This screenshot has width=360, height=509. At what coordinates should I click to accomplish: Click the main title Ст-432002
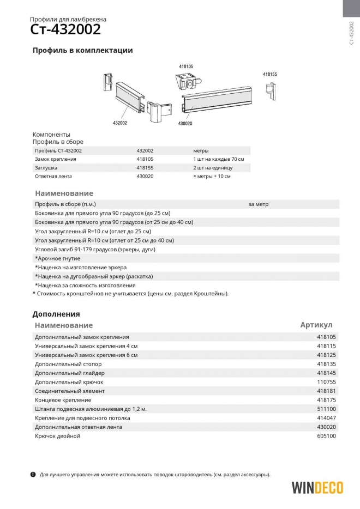click(65, 29)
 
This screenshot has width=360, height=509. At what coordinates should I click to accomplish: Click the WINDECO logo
click(317, 487)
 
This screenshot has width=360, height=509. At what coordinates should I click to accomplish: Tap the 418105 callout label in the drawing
click(186, 66)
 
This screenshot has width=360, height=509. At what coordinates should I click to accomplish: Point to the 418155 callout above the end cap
click(270, 74)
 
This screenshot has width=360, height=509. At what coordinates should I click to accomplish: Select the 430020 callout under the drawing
click(185, 124)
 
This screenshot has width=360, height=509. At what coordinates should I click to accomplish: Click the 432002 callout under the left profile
click(120, 123)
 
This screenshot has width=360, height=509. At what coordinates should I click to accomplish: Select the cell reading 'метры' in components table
click(201, 150)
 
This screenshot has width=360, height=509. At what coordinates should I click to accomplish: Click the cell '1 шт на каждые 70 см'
click(218, 159)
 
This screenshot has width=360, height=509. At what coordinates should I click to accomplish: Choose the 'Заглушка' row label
click(46, 168)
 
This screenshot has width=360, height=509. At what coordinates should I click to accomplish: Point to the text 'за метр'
click(258, 204)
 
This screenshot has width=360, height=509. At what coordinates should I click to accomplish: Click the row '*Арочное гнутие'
click(57, 258)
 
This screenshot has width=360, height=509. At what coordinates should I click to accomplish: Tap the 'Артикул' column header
click(316, 325)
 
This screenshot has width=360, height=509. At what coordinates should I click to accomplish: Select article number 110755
click(327, 382)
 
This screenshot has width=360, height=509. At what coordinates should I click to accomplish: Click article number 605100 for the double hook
click(327, 436)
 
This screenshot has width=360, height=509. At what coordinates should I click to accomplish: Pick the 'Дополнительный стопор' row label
click(68, 364)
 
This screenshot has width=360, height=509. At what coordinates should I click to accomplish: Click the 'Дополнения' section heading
click(56, 314)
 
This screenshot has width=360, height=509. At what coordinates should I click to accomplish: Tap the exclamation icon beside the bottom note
click(33, 474)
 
